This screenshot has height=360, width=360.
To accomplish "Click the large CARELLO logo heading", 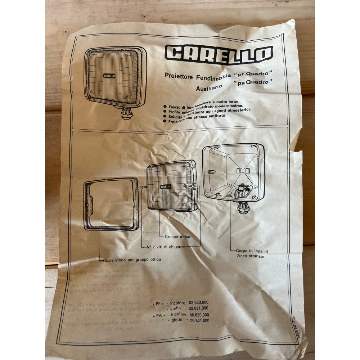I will tap(219, 54).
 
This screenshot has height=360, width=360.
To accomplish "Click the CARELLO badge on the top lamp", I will tap(109, 76).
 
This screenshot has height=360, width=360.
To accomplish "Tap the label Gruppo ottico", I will tap(177, 237).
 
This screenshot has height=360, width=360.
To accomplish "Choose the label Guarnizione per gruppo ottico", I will tap(132, 259).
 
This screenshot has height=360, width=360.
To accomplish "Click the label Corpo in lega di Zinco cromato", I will tap(252, 253).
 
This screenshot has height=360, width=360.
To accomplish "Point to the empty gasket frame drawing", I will tap(111, 204).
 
